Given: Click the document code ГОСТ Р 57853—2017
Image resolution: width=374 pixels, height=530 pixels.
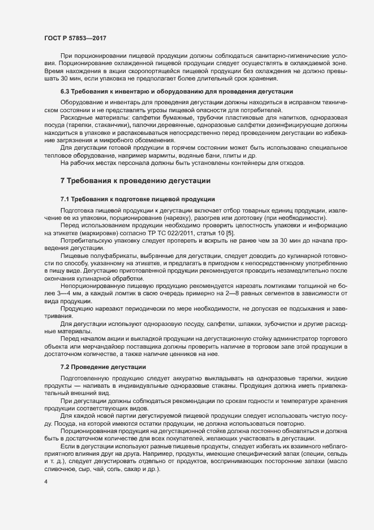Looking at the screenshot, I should point(75,38).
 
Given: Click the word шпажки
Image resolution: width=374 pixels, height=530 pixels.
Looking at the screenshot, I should point(227,324).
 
